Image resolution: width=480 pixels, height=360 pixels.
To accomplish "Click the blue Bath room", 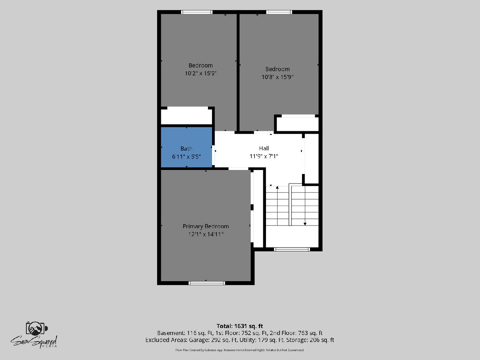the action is (x=186, y=147).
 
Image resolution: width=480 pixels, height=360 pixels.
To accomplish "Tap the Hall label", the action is (x=264, y=148).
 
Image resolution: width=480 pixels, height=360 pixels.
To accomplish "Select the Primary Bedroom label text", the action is (x=206, y=226).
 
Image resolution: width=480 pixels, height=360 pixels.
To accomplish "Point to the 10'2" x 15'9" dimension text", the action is (x=201, y=73).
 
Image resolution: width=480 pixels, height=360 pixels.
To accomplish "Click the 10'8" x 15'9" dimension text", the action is (x=277, y=77).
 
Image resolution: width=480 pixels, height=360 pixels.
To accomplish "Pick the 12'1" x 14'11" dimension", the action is (x=206, y=234).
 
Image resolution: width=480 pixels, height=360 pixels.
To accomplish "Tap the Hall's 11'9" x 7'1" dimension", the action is (x=264, y=156).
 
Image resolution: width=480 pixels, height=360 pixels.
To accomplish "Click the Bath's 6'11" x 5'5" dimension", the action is (x=186, y=157).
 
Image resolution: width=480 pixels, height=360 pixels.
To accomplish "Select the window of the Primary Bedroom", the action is (x=207, y=283).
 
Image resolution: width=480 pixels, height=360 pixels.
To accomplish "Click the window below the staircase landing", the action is (x=292, y=249).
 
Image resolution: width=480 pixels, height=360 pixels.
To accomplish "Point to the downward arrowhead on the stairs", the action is (x=305, y=224).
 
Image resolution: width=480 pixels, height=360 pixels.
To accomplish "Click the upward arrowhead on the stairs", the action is (x=277, y=187).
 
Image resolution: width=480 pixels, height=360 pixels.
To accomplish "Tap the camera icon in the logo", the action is (x=36, y=328).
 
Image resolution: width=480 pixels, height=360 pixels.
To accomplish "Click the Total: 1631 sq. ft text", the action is (x=240, y=326).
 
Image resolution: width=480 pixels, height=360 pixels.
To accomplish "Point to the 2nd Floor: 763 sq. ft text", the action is (x=296, y=333).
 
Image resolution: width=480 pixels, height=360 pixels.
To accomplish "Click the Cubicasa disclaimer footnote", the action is (x=240, y=350).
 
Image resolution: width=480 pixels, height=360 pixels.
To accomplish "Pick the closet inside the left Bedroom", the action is (x=186, y=117).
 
